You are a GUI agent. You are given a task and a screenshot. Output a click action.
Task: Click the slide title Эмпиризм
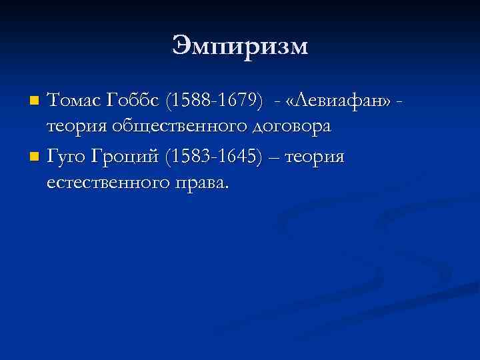click(x=240, y=46)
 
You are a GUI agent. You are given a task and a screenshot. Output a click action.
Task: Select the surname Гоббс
click(x=125, y=101)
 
